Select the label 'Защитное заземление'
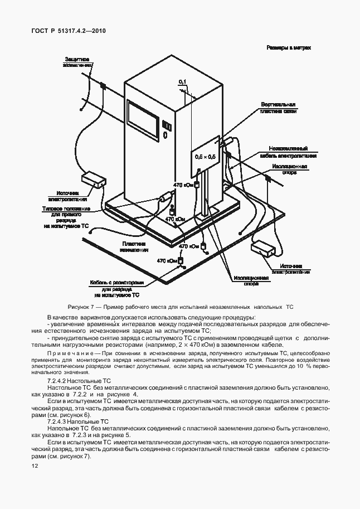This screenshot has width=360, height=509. tap(77, 62)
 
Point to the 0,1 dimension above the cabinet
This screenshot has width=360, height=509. tap(182, 82)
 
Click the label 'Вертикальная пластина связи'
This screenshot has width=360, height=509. tap(278, 108)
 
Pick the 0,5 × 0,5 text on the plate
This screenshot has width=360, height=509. tap(205, 158)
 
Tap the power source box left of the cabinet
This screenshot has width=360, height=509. tap(93, 180)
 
